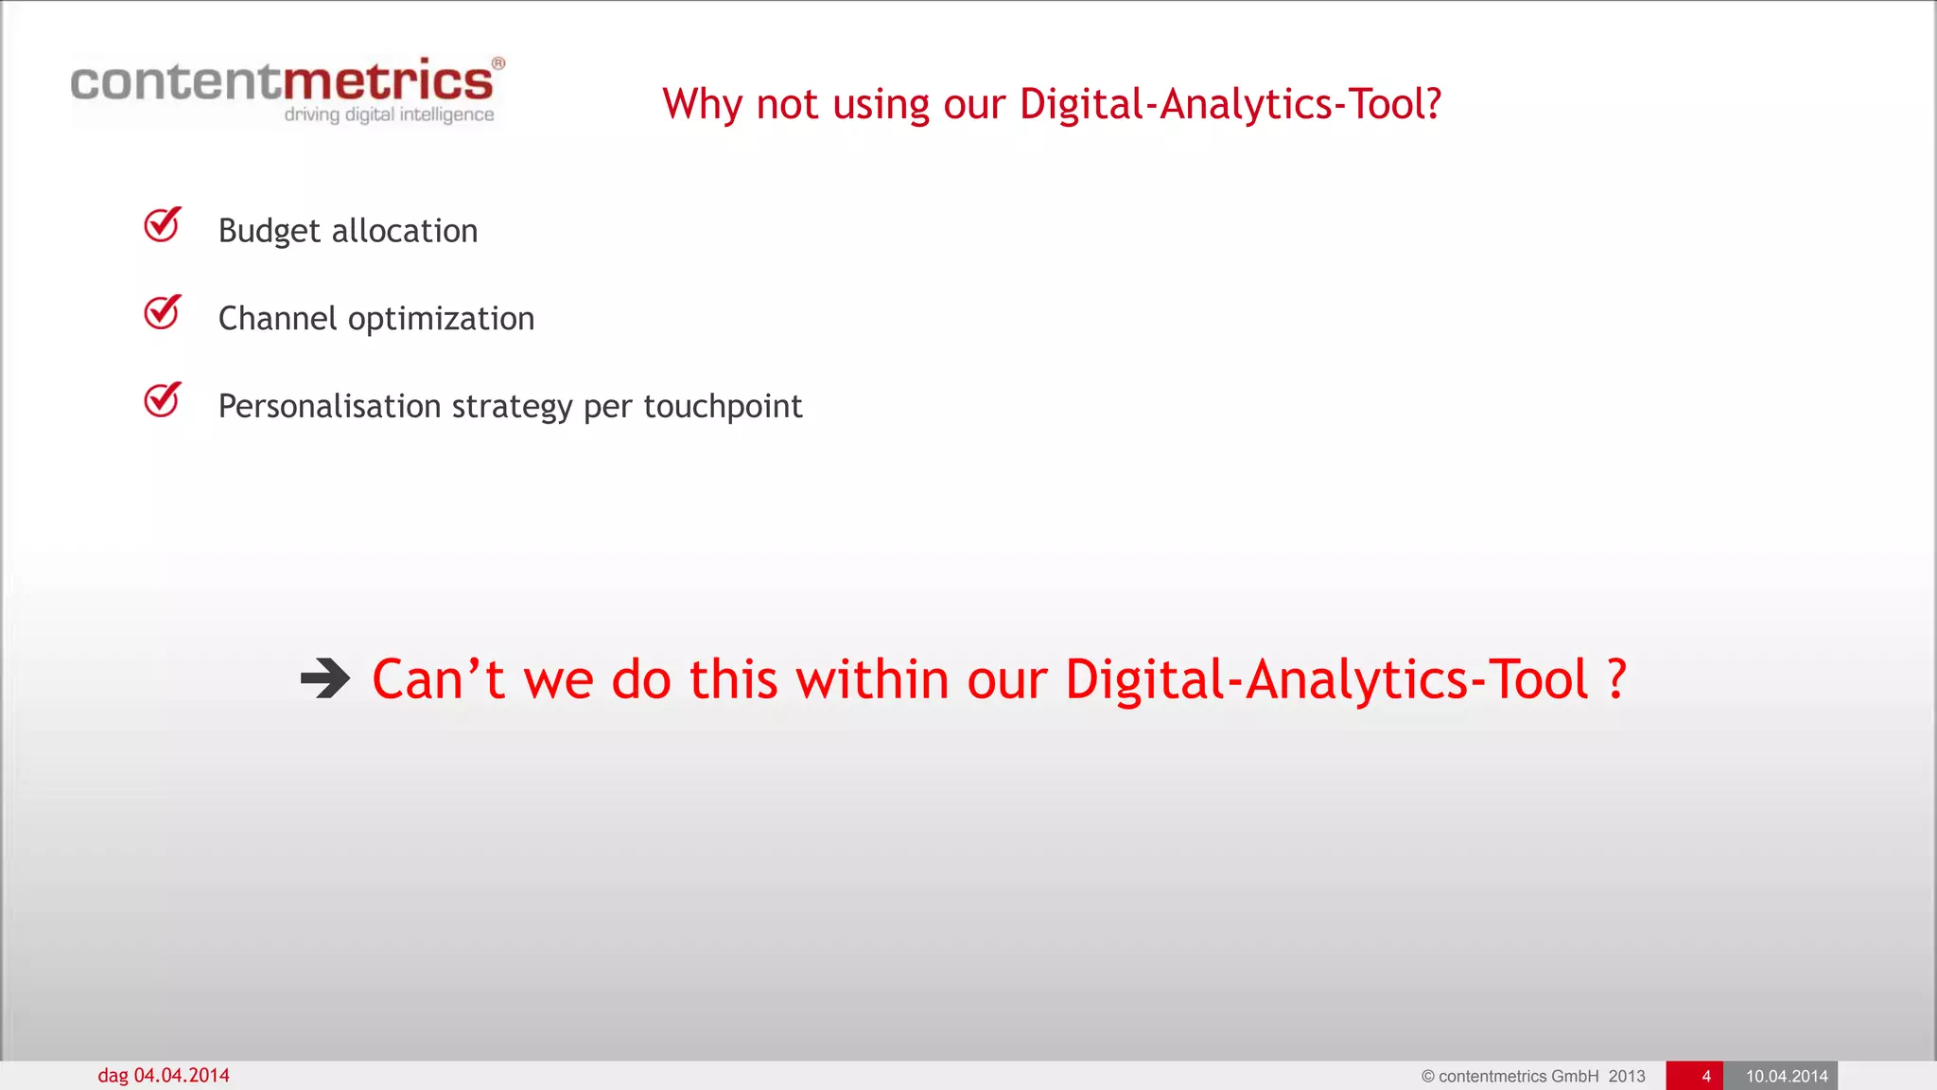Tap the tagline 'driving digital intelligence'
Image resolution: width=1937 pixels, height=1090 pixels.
point(389,114)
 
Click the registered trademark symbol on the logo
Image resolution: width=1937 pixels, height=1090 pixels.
point(498,63)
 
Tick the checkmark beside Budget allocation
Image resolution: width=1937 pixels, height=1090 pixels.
point(163,225)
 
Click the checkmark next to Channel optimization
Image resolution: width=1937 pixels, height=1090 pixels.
point(163,312)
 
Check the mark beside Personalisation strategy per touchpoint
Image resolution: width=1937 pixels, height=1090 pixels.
point(163,400)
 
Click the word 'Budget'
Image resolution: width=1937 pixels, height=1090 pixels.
point(270,231)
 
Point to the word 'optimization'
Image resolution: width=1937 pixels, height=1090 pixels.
point(441,319)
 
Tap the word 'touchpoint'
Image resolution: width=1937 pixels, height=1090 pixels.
point(723,406)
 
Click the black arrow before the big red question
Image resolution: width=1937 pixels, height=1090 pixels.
point(325,678)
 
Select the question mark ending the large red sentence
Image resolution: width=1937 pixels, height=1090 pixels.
point(1616,679)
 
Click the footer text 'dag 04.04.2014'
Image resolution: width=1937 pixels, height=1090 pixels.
point(164,1076)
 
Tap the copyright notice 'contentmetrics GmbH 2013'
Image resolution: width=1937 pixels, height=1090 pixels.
point(1533,1077)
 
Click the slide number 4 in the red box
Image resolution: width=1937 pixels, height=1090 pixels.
point(1705,1077)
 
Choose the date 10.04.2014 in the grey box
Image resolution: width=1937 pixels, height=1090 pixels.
point(1786,1077)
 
